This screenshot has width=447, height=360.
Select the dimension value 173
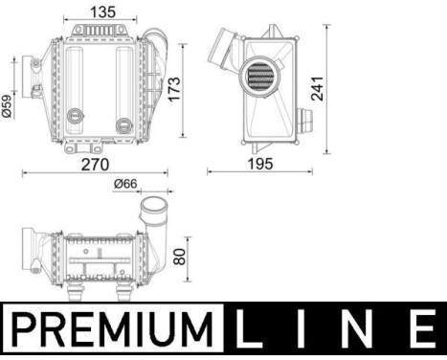[173, 88]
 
